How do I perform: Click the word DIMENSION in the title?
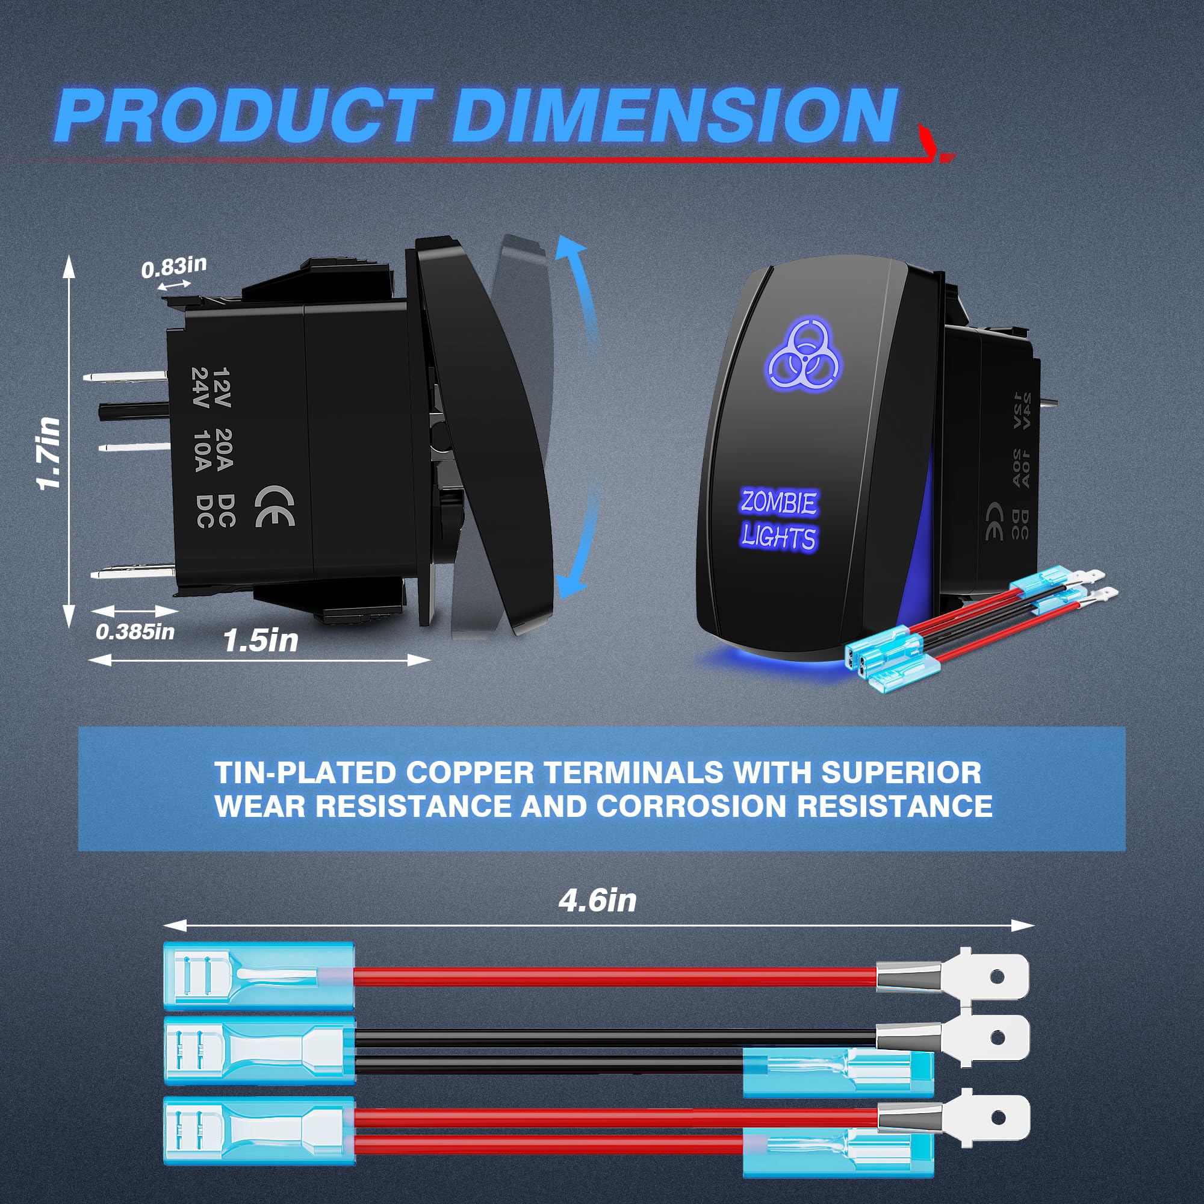(x=673, y=116)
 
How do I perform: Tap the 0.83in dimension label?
(x=173, y=267)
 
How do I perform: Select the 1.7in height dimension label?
(x=50, y=453)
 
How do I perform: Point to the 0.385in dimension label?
(x=135, y=631)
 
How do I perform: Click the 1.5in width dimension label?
(x=261, y=640)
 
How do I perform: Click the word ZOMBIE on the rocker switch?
(x=778, y=501)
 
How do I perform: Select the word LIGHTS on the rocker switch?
(x=778, y=537)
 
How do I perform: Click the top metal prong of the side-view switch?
(x=125, y=377)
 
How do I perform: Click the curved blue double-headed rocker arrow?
(x=577, y=418)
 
